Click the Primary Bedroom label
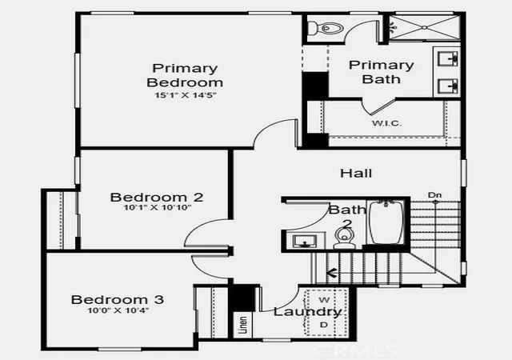click(x=185, y=75)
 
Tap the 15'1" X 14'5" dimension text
click(x=186, y=95)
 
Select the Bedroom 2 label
click(x=157, y=198)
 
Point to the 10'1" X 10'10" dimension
click(x=158, y=207)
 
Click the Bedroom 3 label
click(x=118, y=299)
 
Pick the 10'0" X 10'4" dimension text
click(x=118, y=310)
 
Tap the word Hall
click(x=356, y=173)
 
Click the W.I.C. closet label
click(x=386, y=123)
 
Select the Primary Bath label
click(x=382, y=72)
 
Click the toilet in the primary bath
click(x=326, y=28)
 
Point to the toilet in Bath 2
click(x=343, y=238)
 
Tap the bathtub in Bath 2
click(x=386, y=222)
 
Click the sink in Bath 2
click(x=305, y=242)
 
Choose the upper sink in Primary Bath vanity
click(x=448, y=59)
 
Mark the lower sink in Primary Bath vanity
click(x=448, y=86)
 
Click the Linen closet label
click(x=243, y=325)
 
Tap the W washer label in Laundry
click(x=324, y=299)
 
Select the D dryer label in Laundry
click(x=323, y=325)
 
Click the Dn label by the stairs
click(x=434, y=195)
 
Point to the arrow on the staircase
click(x=332, y=273)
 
